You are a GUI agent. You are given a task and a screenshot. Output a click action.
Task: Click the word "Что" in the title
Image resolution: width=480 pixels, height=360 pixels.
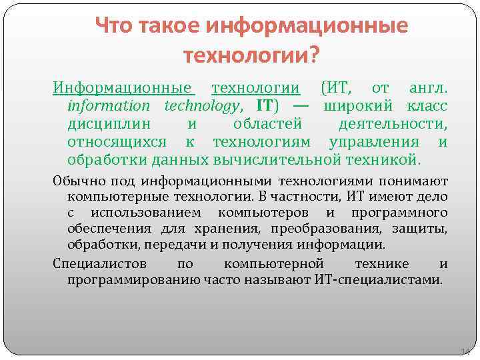[114, 25]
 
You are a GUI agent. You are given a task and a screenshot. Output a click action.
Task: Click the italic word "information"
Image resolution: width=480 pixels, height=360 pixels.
[109, 105]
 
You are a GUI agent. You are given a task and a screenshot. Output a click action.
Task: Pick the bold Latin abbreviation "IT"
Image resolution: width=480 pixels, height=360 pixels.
[265, 105]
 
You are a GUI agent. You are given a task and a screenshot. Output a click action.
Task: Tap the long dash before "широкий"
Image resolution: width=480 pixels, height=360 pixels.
[299, 105]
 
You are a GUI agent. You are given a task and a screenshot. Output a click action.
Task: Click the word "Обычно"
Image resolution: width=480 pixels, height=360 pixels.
[74, 181]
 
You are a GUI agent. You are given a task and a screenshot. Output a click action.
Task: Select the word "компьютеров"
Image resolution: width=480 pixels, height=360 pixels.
[263, 213]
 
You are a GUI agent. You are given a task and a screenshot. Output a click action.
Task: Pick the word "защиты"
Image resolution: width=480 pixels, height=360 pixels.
[425, 229]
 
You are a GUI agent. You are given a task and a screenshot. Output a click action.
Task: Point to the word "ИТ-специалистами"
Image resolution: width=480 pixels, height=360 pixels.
[377, 279]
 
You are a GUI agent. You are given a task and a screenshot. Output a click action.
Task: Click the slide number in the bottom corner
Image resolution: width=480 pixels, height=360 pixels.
[465, 351]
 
